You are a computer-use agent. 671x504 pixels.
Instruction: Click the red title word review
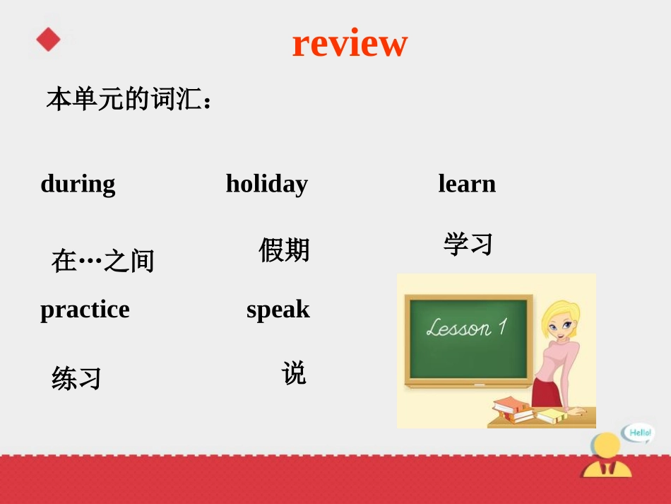point(350,43)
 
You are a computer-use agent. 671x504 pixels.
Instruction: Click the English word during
point(78,184)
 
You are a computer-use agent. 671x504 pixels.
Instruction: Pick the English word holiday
point(266,184)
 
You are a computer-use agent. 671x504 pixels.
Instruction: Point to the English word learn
point(467,184)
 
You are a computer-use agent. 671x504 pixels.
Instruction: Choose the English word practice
point(85,310)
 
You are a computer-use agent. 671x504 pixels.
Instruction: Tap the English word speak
point(278,310)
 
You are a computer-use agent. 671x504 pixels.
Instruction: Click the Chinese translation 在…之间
point(103,262)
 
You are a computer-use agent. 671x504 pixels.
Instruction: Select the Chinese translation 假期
point(284,250)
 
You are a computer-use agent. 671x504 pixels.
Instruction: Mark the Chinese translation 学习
point(468,245)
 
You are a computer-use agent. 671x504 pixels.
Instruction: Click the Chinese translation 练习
point(76,378)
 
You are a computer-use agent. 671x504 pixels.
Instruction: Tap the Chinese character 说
point(294,373)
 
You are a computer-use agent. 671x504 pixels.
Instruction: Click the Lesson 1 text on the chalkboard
point(467,327)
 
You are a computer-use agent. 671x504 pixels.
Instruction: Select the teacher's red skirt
point(545,392)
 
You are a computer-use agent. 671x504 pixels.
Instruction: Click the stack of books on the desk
point(514,409)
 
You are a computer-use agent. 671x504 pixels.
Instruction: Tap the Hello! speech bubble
point(639,433)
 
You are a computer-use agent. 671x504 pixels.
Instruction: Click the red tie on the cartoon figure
point(607,467)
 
